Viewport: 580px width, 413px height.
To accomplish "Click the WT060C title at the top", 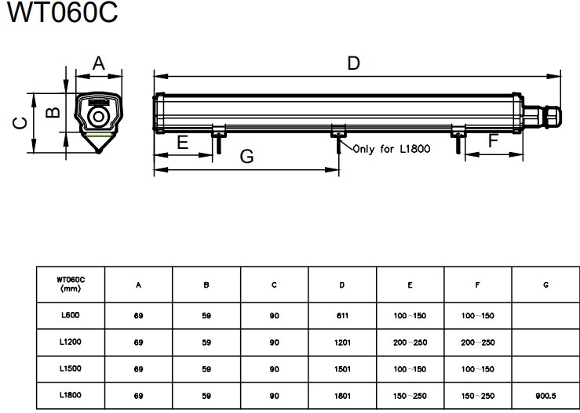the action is [x=62, y=13].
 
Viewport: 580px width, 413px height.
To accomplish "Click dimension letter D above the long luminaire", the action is [x=354, y=63].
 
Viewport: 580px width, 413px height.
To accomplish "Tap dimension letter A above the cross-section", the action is [x=98, y=63].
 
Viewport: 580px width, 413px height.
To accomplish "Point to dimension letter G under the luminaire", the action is [x=246, y=156].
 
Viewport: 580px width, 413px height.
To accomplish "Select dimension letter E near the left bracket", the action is [x=183, y=142].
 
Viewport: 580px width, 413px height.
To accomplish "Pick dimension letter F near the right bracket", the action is [x=493, y=141].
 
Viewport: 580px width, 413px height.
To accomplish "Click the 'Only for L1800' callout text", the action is [x=392, y=149].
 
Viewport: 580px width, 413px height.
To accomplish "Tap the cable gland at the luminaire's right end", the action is [x=542, y=117].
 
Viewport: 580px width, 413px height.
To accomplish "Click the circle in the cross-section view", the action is [x=98, y=117].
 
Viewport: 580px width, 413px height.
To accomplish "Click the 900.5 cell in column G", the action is [x=545, y=396].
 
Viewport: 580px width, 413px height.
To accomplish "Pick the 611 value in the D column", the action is [x=342, y=316].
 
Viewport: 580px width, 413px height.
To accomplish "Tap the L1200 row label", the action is [x=71, y=342].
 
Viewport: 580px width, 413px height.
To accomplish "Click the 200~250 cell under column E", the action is [x=410, y=342].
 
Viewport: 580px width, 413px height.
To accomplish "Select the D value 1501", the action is [x=342, y=369].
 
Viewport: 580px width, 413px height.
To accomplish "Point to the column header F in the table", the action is [x=477, y=284].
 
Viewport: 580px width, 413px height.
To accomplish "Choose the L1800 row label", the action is [x=71, y=395].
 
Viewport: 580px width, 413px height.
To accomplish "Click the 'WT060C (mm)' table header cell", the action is [x=71, y=284].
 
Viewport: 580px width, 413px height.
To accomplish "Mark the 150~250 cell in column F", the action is [x=477, y=396].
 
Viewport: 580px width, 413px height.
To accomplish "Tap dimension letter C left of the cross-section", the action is [x=20, y=123].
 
